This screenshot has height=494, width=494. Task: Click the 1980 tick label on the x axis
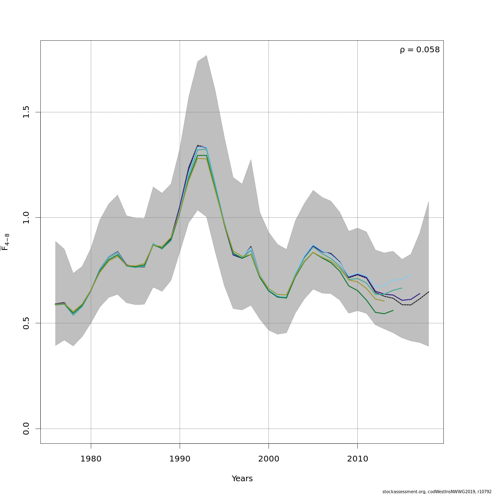click(x=91, y=458)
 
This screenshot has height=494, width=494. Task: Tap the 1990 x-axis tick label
click(x=179, y=458)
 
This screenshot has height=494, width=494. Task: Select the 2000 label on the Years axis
click(x=268, y=458)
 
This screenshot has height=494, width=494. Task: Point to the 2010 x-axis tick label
click(x=357, y=458)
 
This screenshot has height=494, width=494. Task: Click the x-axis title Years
click(x=242, y=478)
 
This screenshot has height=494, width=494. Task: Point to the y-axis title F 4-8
click(x=6, y=242)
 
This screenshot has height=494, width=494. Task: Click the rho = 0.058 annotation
click(x=419, y=50)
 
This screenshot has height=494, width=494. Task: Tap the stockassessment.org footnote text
click(x=437, y=492)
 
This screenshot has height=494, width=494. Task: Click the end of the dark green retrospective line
click(x=393, y=310)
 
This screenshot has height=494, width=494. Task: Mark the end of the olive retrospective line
click(x=384, y=301)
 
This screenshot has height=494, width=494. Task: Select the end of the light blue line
click(x=411, y=275)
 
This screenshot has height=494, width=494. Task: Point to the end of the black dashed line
click(x=429, y=292)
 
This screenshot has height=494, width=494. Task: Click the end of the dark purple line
click(x=419, y=294)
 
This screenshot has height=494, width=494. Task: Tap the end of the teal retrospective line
click(x=402, y=288)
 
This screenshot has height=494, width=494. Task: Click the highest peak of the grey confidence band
click(x=206, y=56)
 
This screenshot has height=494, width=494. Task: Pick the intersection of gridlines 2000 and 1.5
click(x=268, y=112)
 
